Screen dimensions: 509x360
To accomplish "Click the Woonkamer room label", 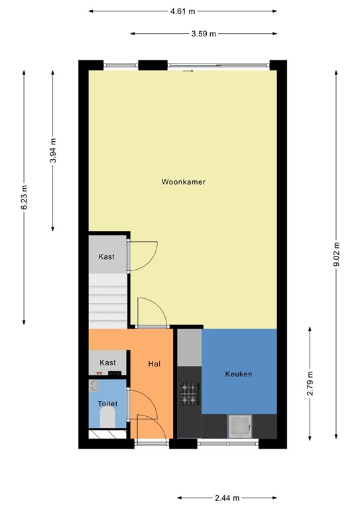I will coord(183,181).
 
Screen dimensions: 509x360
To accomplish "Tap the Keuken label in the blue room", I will coord(239,374).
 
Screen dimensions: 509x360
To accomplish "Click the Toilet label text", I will coord(107,402).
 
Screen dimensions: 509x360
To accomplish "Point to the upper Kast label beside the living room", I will coord(107,256).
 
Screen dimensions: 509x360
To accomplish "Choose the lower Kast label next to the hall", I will coord(107,363).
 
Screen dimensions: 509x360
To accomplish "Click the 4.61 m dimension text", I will coord(183,11).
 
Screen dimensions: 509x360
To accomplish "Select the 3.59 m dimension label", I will coord(204,33).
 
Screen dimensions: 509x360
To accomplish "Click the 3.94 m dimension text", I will coord(53,151).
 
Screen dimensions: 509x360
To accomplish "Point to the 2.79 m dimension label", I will coord(310,384).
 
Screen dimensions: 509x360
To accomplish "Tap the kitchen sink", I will coord(239,425).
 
